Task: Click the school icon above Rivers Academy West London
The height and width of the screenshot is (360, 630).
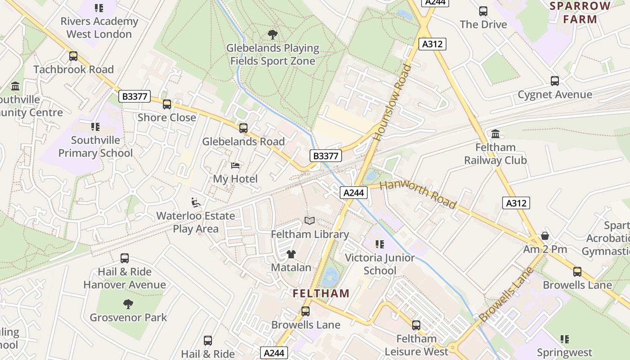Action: tap(99, 8)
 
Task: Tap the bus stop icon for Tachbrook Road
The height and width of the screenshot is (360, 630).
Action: tap(73, 56)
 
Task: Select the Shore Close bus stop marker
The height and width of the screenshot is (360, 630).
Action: tap(167, 104)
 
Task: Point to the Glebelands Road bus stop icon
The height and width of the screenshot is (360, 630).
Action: tap(243, 128)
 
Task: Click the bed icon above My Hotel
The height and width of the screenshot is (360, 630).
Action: tap(235, 166)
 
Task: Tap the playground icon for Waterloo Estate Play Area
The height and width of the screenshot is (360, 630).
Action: tap(196, 202)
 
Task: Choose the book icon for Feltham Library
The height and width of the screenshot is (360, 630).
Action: tap(309, 221)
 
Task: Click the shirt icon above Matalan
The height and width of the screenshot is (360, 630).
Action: tap(291, 254)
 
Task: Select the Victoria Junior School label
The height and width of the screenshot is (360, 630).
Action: tap(380, 264)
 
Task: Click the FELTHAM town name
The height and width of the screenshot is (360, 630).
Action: tap(321, 294)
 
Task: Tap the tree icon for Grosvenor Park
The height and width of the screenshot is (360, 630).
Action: tap(128, 304)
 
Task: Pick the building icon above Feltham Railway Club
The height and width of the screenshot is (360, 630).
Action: tap(495, 134)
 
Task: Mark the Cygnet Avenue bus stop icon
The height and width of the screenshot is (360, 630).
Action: tap(555, 81)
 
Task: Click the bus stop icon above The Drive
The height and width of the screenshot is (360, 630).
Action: tap(483, 11)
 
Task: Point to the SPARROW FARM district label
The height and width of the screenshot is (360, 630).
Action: tap(580, 13)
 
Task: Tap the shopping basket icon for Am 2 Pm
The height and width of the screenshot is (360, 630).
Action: tap(545, 236)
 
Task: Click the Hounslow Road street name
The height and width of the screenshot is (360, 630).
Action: tap(393, 103)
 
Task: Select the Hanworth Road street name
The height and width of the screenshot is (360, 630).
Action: tap(418, 194)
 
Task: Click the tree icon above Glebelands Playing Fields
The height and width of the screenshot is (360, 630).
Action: tap(272, 34)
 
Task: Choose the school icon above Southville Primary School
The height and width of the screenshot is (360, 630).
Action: tap(95, 127)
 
